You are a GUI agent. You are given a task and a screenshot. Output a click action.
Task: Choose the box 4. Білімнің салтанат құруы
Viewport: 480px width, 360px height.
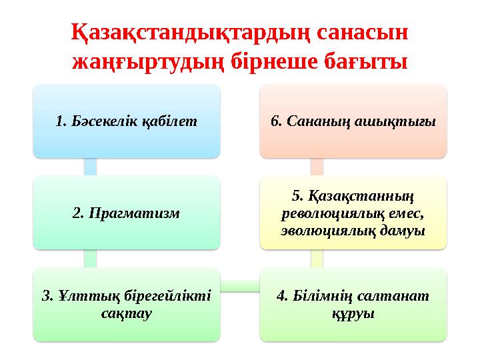pos(353,304)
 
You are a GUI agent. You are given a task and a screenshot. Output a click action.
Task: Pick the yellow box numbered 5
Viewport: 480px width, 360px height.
pos(353,212)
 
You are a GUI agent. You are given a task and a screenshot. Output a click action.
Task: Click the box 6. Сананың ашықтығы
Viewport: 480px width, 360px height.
pos(353,121)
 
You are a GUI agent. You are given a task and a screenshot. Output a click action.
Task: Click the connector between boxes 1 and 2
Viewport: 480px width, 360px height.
pos(90,167)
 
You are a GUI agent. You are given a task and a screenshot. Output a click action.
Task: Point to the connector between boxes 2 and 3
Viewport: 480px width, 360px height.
pos(90,259)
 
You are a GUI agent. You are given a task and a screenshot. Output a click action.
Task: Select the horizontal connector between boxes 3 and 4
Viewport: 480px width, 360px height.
pos(240,285)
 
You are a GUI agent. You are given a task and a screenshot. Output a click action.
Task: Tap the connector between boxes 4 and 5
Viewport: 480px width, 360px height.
pos(317,259)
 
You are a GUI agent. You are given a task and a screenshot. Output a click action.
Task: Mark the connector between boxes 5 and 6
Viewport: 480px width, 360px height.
pos(317,167)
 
